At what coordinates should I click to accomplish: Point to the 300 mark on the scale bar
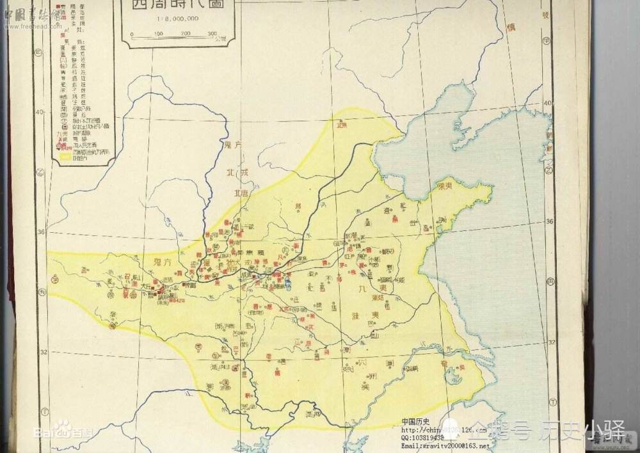coord(212,33)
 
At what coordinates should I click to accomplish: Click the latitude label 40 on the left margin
coord(40,112)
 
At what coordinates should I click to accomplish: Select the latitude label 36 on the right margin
coord(549,221)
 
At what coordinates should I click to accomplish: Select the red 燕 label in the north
coord(341,125)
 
